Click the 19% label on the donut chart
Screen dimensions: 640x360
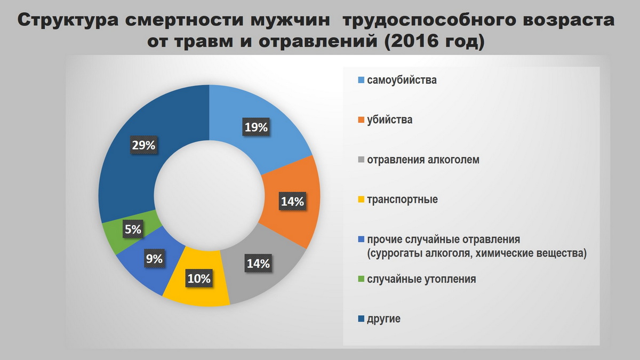click(257, 127)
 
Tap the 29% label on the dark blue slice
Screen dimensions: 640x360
click(143, 146)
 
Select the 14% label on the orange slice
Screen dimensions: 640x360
click(293, 202)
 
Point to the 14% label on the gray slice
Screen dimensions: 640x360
click(258, 263)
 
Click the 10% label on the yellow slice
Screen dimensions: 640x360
click(199, 278)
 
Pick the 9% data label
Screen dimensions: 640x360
click(155, 259)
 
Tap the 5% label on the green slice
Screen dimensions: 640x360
click(133, 229)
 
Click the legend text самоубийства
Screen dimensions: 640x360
click(402, 80)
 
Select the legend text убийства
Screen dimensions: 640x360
click(390, 119)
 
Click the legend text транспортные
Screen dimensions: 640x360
click(402, 199)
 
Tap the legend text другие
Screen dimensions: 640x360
click(383, 319)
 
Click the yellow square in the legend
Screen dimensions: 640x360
click(361, 199)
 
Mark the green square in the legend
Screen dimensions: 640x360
click(361, 279)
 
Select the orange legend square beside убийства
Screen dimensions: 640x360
click(361, 119)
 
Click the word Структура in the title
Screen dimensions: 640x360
click(68, 21)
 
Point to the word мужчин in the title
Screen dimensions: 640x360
click(291, 21)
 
